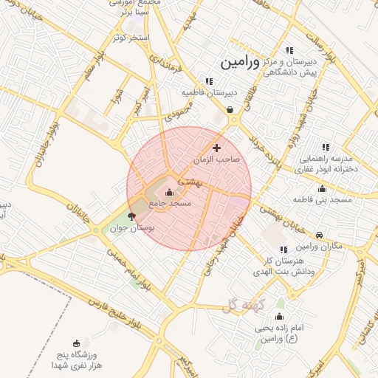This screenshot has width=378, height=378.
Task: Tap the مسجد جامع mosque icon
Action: click(x=170, y=193)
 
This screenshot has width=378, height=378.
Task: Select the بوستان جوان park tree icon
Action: click(x=131, y=217)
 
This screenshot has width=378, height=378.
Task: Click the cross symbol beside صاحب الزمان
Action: click(x=216, y=148)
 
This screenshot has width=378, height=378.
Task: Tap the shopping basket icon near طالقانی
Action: click(x=231, y=110)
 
